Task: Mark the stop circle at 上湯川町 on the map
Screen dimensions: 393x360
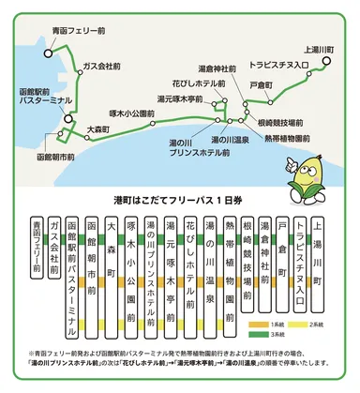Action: coord(327,60)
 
